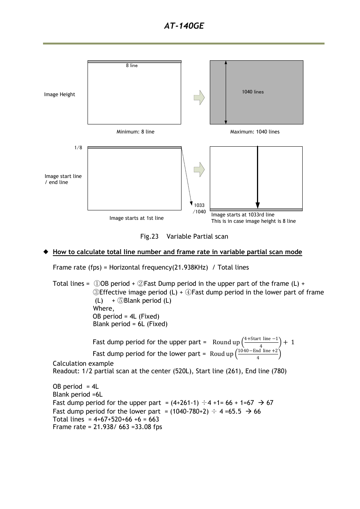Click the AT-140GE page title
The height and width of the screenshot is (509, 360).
184,26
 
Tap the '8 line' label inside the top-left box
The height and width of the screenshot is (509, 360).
132,66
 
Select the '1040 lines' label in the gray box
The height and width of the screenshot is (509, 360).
253,92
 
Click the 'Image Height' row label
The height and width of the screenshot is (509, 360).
60,95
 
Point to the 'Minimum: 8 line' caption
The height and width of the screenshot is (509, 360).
135,132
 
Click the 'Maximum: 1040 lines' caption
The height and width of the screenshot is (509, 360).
255,132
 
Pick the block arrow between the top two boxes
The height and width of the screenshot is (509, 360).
199,98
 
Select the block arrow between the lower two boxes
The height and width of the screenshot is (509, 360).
199,170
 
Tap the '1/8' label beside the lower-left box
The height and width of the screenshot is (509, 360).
78,148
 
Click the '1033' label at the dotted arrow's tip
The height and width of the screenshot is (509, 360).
199,205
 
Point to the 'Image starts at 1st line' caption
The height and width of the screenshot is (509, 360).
136,218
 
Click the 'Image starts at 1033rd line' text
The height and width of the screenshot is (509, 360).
243,215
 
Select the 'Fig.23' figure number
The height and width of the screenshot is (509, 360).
149,237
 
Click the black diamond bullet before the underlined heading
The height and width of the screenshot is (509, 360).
46,252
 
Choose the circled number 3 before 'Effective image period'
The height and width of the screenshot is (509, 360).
96,293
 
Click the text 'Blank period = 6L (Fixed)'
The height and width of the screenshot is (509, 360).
130,324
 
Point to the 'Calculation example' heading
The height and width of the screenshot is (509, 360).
83,364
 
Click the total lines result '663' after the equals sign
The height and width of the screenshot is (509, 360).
154,420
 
